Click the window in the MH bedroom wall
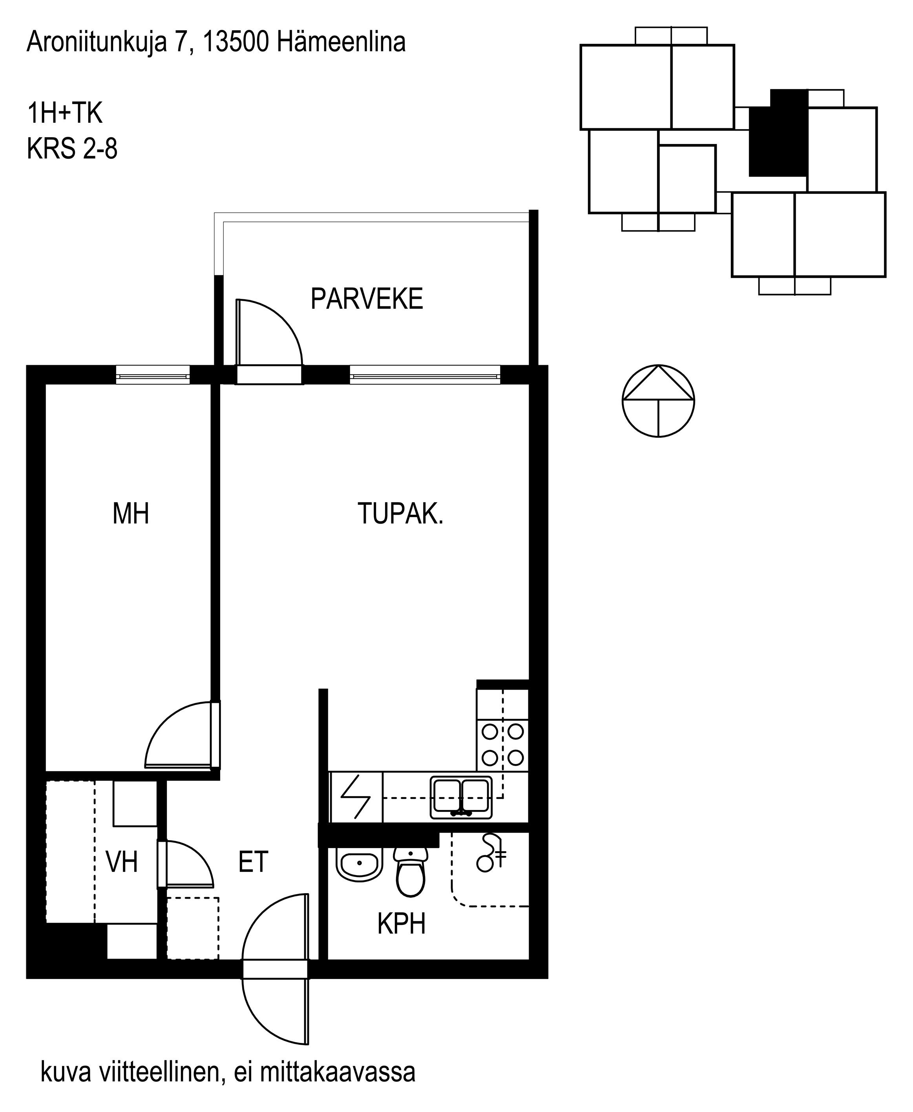click(153, 376)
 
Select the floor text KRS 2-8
click(72, 148)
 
